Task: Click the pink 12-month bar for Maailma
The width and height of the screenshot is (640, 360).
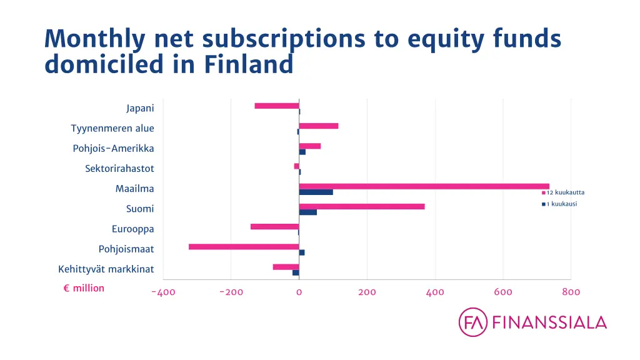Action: pos(424,186)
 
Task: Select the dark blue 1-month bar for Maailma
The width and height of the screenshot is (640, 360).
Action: pos(316,192)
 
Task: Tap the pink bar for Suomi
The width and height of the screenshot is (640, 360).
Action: pos(361,206)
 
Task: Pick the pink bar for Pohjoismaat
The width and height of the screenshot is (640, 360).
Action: pos(244,247)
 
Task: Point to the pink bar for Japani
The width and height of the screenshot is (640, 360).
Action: pos(277,106)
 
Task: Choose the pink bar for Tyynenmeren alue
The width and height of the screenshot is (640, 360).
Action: pos(318,126)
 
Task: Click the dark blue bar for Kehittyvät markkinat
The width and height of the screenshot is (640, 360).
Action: pos(296,272)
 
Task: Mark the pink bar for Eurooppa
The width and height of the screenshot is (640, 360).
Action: pos(274,226)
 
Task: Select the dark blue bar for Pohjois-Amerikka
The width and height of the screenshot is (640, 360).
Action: pos(302,152)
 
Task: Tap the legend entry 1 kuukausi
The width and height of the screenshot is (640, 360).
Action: pos(557,204)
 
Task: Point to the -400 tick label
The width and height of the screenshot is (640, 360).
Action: pos(162,292)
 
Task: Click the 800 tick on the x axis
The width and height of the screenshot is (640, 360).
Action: pos(571,292)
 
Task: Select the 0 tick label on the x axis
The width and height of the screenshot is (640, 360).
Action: pos(299,292)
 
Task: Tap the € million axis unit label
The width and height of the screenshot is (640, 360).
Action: pos(84,288)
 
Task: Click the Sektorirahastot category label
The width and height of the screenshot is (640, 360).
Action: pos(119,169)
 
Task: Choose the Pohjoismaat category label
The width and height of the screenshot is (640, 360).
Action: pos(126,249)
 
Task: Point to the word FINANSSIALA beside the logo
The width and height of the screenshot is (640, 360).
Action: pos(549,322)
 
